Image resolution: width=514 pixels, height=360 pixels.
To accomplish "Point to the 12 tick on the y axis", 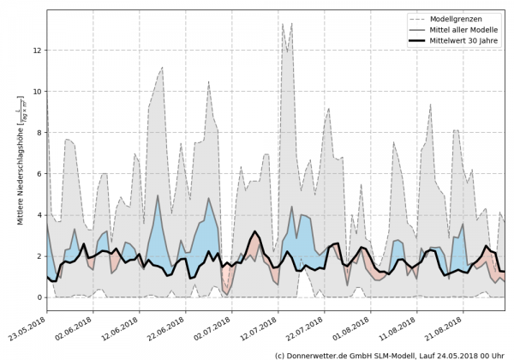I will (38, 51).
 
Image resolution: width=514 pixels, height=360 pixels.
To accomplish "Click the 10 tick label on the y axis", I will (38, 92).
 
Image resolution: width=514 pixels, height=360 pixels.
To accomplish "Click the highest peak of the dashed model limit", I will (284, 23).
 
